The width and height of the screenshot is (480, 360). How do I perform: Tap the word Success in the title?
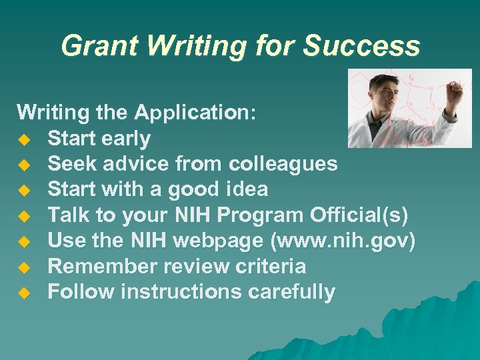(x=361, y=47)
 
